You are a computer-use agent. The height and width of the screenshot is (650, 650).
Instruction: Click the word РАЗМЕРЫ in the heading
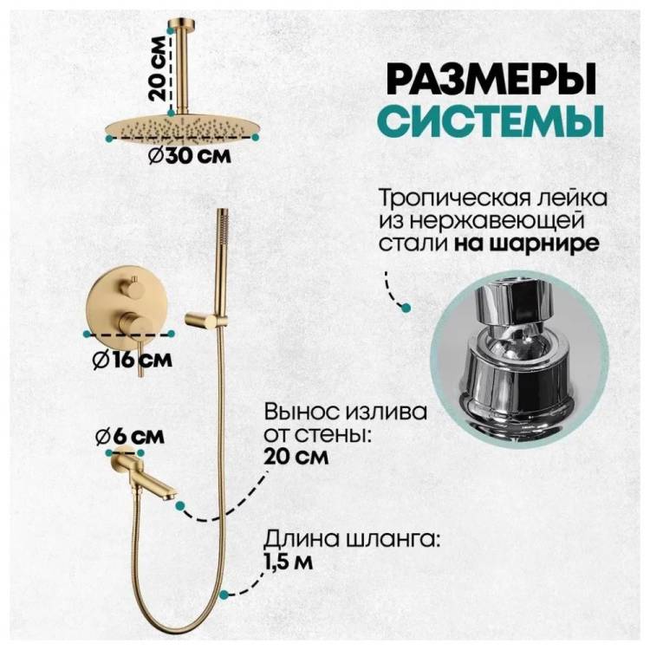click(x=491, y=79)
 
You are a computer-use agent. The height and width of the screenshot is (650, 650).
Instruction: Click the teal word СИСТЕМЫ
click(x=491, y=120)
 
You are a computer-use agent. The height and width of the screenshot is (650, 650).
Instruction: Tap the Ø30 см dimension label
click(x=190, y=156)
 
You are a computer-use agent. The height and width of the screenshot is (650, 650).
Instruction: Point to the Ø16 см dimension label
click(x=133, y=359)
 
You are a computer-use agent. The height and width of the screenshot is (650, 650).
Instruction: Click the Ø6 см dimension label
click(x=130, y=437)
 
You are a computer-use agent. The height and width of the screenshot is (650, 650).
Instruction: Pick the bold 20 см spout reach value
click(x=296, y=458)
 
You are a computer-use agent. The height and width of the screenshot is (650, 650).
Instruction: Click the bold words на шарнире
click(x=526, y=244)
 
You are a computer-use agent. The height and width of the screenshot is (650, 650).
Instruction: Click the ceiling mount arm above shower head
click(x=181, y=67)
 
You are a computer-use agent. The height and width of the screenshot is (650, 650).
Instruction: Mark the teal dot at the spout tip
click(x=180, y=505)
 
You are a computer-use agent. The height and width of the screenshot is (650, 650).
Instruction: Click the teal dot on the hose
click(x=224, y=595)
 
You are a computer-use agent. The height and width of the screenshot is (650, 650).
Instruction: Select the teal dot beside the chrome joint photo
click(x=406, y=307)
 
